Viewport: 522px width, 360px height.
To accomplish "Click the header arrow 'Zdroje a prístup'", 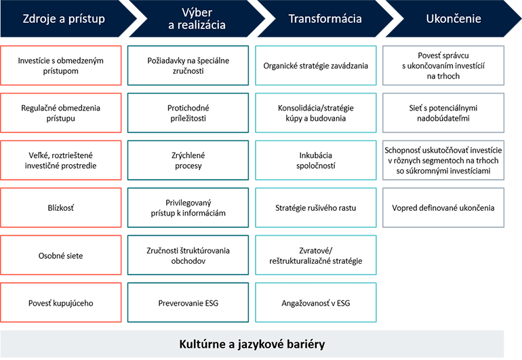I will click(x=61, y=19).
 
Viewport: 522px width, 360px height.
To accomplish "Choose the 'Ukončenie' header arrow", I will click(x=444, y=19).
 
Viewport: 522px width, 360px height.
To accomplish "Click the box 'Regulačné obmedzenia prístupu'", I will click(x=61, y=113).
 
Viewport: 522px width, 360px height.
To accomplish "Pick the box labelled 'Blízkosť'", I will click(x=61, y=207).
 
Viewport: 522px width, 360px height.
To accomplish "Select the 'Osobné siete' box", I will click(x=61, y=255).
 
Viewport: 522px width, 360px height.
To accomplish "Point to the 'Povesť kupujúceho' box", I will click(x=61, y=302).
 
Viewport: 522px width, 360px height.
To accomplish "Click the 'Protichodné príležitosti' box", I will click(x=188, y=113).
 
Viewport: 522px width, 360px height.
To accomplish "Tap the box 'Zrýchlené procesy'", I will click(x=188, y=160).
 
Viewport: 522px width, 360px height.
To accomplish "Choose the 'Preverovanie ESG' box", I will click(x=188, y=302).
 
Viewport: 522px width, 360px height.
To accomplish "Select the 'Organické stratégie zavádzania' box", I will click(x=316, y=66).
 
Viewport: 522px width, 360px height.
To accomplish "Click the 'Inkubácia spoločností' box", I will click(x=316, y=160).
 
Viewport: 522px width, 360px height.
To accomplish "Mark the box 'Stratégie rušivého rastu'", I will click(x=316, y=207).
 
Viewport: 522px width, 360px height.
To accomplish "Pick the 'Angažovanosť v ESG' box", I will click(x=316, y=302).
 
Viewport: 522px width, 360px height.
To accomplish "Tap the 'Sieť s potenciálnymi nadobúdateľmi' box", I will click(x=444, y=113).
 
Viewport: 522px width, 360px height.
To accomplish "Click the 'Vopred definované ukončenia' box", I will click(x=444, y=207).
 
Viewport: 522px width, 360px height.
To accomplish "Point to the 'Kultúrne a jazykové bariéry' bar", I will click(x=252, y=344).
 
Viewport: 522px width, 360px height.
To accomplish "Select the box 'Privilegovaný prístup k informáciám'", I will click(x=188, y=207).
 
